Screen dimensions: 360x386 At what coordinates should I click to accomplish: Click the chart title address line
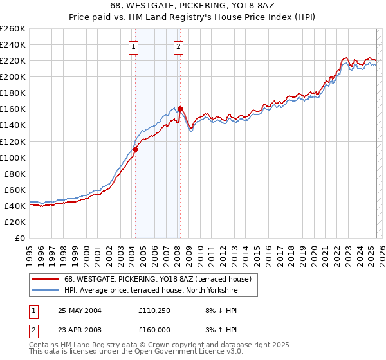192,6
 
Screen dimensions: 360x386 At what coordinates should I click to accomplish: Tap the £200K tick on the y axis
13,76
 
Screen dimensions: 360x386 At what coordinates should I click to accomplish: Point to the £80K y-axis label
15,174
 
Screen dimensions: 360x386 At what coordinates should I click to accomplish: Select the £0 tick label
20,238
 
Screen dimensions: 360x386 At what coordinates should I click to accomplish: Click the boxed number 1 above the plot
133,46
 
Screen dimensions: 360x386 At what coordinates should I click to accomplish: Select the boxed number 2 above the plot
178,46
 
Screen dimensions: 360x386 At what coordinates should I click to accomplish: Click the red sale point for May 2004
136,149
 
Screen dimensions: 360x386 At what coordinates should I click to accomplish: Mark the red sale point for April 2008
180,109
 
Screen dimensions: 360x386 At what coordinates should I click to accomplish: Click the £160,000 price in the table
154,329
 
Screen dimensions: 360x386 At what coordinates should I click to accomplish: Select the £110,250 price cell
154,310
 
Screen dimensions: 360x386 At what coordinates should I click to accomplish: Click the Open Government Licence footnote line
136,352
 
